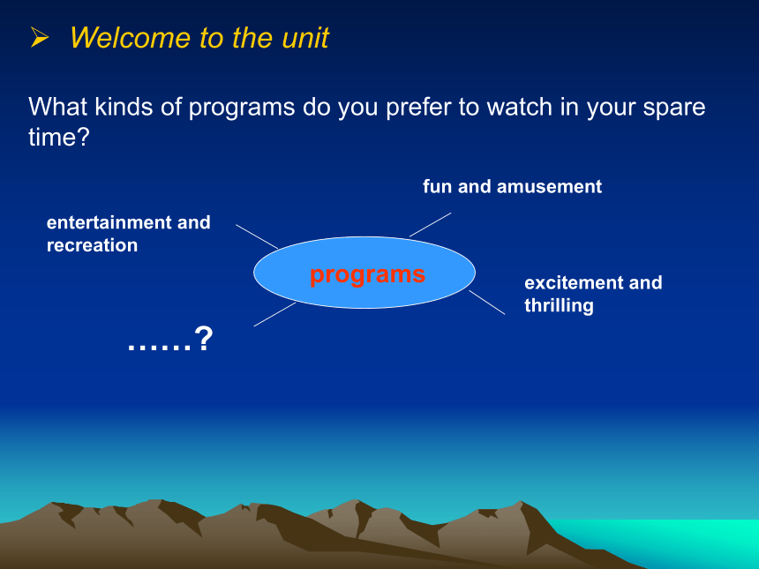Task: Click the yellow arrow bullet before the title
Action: coord(40,37)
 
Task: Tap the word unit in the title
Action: coord(305,37)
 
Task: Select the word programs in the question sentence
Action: coord(242,108)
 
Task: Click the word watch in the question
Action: coord(520,107)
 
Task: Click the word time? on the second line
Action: coord(59,137)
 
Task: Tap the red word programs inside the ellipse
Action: coord(367,275)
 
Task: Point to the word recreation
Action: coord(92,245)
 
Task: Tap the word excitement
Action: coord(574,282)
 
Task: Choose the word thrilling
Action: coord(559,306)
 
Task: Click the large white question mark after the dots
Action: coord(203,339)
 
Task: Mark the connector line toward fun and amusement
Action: coord(431,224)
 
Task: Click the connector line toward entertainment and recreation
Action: coord(257,236)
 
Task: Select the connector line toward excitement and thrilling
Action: coord(487,303)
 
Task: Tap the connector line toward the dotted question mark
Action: coord(275,315)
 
